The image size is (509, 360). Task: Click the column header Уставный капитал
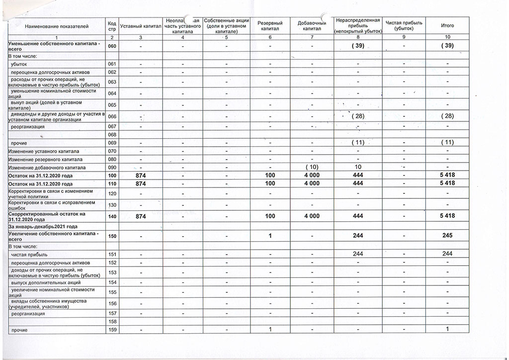141,25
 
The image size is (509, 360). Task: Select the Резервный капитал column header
270,25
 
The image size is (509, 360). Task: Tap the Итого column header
447,25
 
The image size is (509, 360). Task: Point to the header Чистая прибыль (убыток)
404,25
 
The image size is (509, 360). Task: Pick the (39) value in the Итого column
447,46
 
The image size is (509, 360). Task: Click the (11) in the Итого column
447,142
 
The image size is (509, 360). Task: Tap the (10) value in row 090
312,167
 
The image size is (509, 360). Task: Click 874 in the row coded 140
141,216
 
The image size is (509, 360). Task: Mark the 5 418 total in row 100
447,176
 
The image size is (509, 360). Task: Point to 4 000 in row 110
312,184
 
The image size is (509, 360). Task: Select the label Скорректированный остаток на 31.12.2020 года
47,216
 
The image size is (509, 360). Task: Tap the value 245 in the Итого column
447,236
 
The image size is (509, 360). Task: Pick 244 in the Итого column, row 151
447,254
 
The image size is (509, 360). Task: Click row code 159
112,330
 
